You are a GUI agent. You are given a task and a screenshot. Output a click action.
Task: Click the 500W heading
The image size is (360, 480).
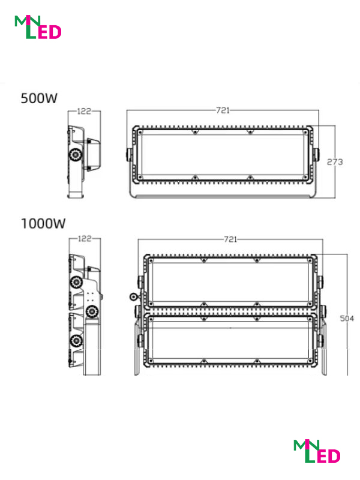coord(39,98)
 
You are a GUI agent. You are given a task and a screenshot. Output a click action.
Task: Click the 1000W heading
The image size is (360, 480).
coord(43,223)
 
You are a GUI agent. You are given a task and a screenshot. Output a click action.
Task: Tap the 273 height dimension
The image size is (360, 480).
coord(335,161)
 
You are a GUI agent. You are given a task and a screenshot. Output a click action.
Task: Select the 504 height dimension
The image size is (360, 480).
coord(347,319)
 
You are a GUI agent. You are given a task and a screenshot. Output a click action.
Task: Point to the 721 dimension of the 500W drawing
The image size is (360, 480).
coord(223,110)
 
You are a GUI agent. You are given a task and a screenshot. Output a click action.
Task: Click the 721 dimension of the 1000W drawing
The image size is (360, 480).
coord(230,239)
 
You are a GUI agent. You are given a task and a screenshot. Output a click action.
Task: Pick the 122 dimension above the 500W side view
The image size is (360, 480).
coord(84,111)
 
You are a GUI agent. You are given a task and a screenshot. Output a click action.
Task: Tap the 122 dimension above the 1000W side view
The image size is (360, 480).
coord(85,238)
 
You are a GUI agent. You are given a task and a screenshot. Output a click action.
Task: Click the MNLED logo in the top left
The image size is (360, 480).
coord(38,27)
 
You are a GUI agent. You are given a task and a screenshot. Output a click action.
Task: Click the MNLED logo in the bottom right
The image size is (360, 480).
coord(317,451)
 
